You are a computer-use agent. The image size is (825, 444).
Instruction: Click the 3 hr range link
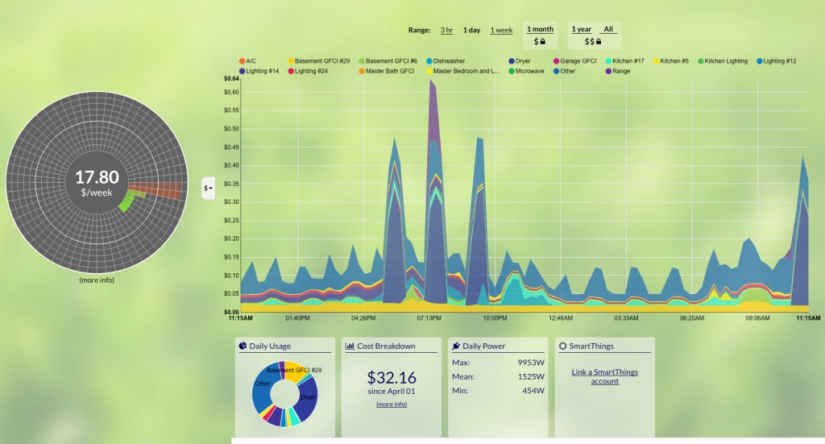[x=446, y=30]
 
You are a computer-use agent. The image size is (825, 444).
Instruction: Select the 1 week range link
[x=501, y=30]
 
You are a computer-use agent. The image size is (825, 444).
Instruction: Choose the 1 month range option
[x=540, y=29]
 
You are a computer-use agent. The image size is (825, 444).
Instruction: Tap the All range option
[x=608, y=29]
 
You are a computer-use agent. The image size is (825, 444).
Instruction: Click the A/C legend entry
[x=251, y=61]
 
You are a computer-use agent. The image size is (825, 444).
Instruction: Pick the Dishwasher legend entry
[x=448, y=61]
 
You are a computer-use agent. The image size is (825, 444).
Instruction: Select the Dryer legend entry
[x=523, y=61]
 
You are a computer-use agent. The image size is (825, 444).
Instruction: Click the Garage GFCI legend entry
[x=578, y=61]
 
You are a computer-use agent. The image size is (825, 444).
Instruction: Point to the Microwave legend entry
[x=529, y=71]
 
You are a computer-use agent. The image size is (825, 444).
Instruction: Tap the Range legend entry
[x=621, y=71]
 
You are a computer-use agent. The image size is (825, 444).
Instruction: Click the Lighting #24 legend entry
[x=310, y=71]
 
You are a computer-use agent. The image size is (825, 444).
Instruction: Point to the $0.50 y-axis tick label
[x=230, y=129]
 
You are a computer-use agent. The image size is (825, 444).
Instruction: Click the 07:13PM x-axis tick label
[x=429, y=318]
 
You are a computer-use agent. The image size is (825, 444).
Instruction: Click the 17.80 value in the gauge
[x=97, y=177]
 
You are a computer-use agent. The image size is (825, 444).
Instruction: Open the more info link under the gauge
[x=97, y=280]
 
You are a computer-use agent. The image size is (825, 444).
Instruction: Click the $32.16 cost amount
[x=392, y=377]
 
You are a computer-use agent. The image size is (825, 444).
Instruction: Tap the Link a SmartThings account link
[x=606, y=376]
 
